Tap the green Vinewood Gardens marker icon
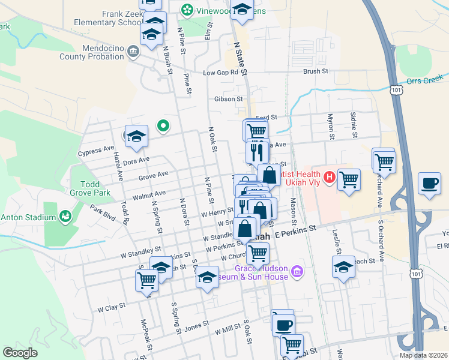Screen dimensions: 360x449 pyautogui.click(x=188, y=10)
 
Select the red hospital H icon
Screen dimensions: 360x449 pyautogui.click(x=328, y=177)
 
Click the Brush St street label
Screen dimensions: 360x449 pyautogui.click(x=316, y=71)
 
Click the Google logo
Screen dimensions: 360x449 pyautogui.click(x=20, y=353)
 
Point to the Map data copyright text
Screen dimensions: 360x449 pyautogui.click(x=423, y=355)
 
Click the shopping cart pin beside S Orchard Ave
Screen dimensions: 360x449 pyautogui.click(x=384, y=160)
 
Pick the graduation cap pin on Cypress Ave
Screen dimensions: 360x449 pyautogui.click(x=137, y=136)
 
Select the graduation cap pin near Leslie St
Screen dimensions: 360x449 pyautogui.click(x=343, y=268)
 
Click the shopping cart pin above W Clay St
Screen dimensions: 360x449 pyautogui.click(x=146, y=280)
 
